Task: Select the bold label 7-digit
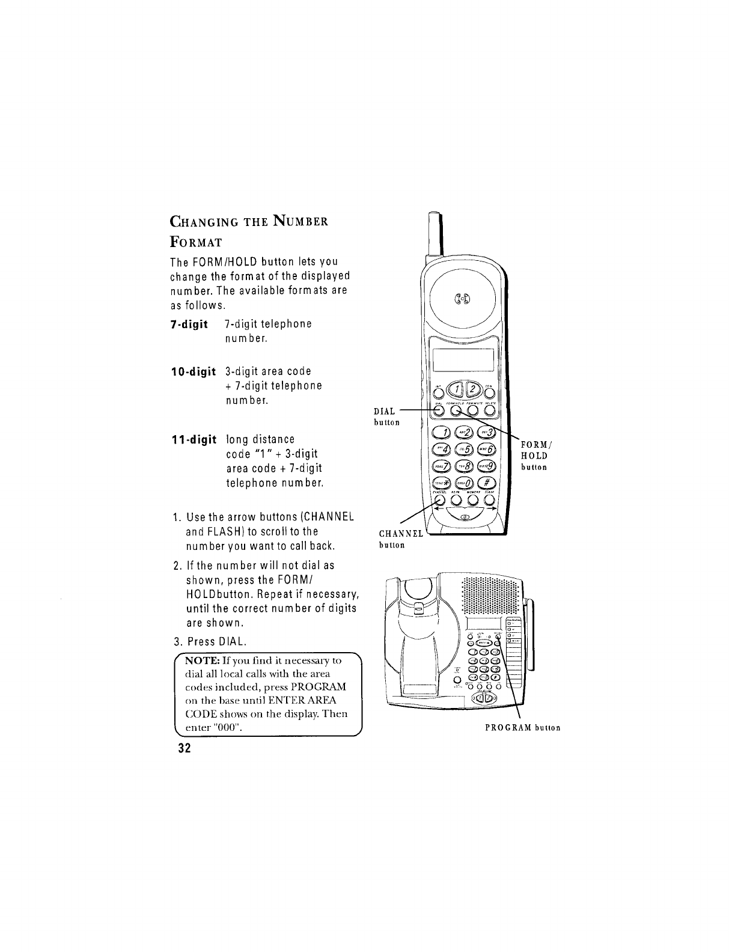[189, 325]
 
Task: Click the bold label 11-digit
[192, 439]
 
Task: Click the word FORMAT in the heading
[196, 242]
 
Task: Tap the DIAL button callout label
[385, 416]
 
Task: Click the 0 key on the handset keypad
[464, 484]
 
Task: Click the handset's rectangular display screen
[463, 361]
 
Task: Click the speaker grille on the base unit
[489, 597]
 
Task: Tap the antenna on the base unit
[531, 637]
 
